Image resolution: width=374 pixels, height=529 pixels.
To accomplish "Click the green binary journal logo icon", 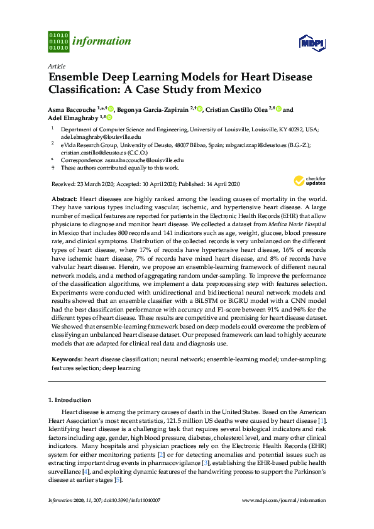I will (x=58, y=41).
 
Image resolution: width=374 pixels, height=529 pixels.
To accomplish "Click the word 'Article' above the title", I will (x=56, y=66).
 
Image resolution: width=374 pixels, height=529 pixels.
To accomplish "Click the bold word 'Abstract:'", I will (x=64, y=198).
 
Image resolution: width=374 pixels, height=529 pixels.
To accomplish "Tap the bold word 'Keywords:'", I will (x=66, y=359).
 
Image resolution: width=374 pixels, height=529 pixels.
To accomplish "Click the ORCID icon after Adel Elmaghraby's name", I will (x=109, y=117).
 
